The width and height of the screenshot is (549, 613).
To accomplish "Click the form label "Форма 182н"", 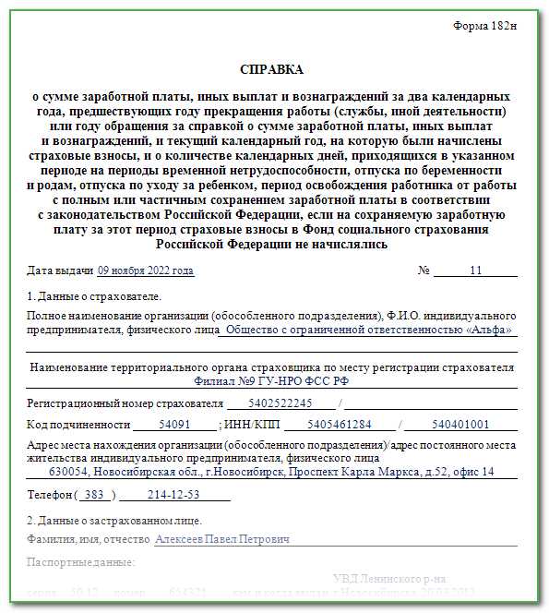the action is (484, 25).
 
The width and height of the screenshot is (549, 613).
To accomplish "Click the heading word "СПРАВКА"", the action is (271, 69).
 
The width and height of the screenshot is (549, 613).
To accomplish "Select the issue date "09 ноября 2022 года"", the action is (146, 271).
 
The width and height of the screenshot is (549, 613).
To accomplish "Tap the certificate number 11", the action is (476, 271).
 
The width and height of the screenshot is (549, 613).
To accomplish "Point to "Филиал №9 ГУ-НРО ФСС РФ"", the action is (272, 380).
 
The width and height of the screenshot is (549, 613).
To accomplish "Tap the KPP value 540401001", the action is (460, 425).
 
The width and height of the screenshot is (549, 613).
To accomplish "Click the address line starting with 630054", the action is (271, 472).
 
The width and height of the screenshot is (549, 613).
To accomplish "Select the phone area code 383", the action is (93, 495).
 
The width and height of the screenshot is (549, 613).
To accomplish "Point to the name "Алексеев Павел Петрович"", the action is (222, 539).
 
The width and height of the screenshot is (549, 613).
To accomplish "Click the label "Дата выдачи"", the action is (60, 271).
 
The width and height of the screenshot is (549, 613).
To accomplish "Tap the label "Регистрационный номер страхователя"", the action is (125, 403).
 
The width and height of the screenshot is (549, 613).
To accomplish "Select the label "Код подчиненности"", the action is (78, 425).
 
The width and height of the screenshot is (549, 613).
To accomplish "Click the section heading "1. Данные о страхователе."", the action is (93, 296).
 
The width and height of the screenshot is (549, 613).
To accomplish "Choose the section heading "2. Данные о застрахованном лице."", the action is (114, 521).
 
